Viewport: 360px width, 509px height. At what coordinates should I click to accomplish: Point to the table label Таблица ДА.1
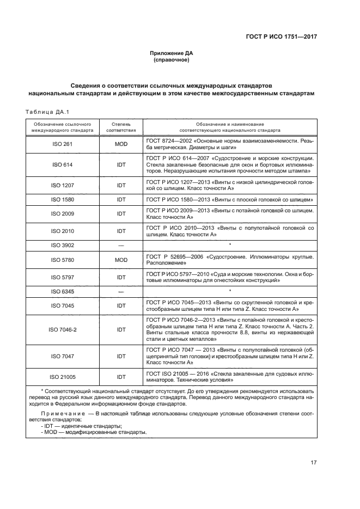pos(45,112)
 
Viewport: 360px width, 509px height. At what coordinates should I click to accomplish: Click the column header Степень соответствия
pos(121,127)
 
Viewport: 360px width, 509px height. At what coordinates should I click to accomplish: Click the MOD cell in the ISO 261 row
pos(121,144)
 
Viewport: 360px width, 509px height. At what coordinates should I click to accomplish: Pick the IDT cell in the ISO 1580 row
pos(121,200)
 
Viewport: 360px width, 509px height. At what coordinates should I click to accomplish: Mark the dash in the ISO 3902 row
pos(121,246)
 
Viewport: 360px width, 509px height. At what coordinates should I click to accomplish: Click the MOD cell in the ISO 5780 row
pos(121,260)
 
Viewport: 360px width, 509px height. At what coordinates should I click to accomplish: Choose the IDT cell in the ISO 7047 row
pos(121,356)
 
